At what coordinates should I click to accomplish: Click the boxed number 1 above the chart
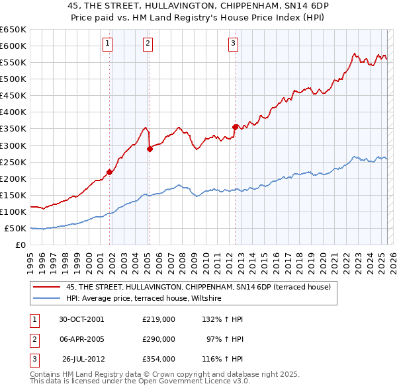[x=107, y=44]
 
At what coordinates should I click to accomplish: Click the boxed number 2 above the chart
[x=148, y=44]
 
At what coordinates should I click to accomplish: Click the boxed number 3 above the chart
[x=234, y=44]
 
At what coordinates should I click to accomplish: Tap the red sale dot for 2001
[x=110, y=172]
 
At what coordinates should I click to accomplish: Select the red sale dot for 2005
[x=150, y=149]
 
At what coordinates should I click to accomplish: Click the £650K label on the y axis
[x=13, y=30]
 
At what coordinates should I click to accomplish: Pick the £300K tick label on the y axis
[x=13, y=145]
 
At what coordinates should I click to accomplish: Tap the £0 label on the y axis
[x=20, y=245]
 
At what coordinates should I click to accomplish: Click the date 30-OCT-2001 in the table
[x=81, y=319]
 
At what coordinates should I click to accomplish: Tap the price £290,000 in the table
[x=159, y=339]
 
